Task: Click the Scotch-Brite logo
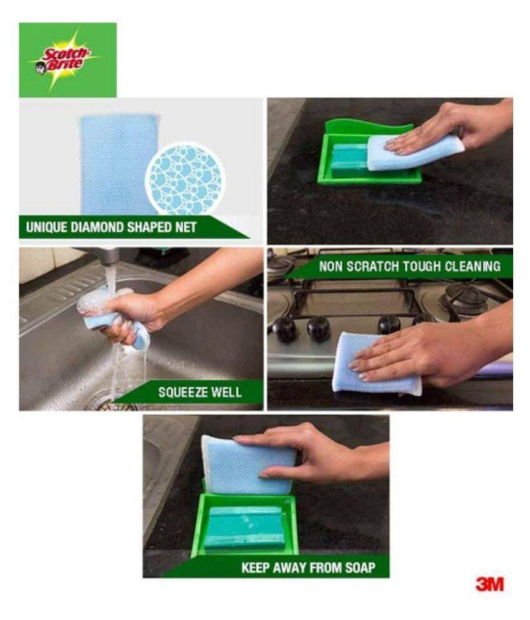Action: pyautogui.click(x=67, y=60)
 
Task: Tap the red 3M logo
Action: pyautogui.click(x=489, y=584)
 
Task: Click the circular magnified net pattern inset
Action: pyautogui.click(x=184, y=179)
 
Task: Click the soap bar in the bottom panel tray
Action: pyautogui.click(x=244, y=527)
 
